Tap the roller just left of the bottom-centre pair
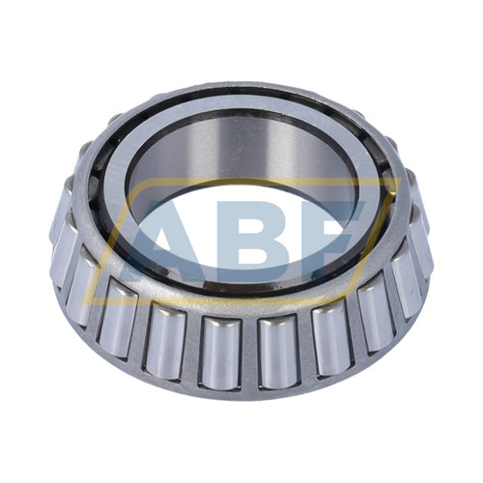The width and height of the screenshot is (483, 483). [x=167, y=341]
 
